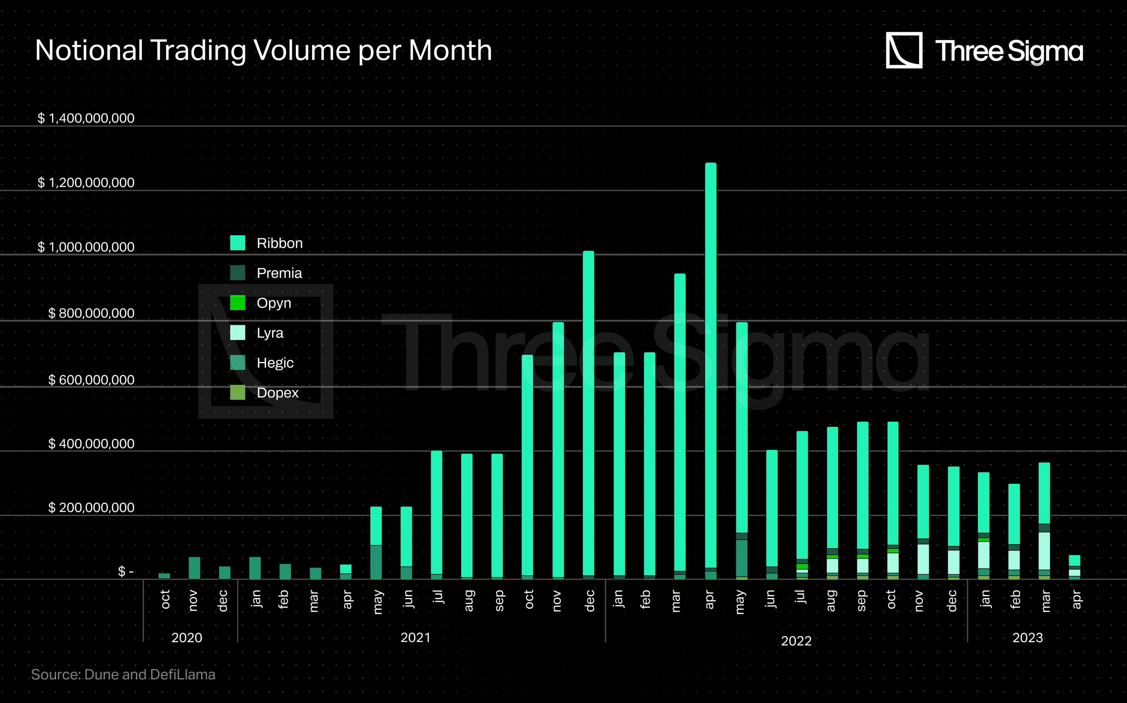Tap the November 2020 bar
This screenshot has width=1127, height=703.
pos(194,568)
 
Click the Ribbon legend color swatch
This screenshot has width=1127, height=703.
pos(238,243)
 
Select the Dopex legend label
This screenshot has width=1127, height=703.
pos(277,393)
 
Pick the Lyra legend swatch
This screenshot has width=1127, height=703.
pos(238,333)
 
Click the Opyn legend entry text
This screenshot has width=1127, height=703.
pos(274,303)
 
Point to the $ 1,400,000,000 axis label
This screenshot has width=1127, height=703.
pos(86,118)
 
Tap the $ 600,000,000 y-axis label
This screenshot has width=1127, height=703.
pos(91,380)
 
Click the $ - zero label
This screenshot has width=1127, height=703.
pos(126,571)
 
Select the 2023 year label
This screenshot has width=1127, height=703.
pos(1028,637)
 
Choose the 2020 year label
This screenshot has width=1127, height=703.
pos(187,637)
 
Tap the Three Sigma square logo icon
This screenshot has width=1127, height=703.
pos(904,50)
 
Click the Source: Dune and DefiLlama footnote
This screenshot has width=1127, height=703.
pos(123,675)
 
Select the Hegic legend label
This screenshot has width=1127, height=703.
pos(275,363)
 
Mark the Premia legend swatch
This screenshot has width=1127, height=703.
pos(238,273)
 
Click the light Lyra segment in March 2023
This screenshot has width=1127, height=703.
pos(1044,551)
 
